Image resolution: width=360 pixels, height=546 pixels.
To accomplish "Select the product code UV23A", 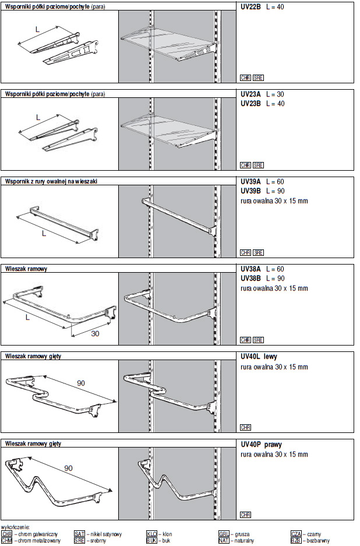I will click(x=250, y=94).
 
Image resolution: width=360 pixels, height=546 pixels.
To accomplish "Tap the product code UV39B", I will click(x=250, y=191).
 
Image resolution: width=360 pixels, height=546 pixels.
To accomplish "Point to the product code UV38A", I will click(x=250, y=269).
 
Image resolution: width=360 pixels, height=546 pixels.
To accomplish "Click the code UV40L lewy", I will click(x=258, y=356).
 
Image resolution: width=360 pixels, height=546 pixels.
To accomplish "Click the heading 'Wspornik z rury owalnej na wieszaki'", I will click(x=51, y=181).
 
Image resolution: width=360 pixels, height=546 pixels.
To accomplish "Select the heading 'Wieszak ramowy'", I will click(x=26, y=269).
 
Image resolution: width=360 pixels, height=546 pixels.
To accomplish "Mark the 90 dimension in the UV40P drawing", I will click(x=68, y=468).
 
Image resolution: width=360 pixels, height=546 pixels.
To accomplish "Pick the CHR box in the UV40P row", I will click(x=245, y=515).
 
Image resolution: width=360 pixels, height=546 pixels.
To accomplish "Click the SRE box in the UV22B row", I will click(x=259, y=78).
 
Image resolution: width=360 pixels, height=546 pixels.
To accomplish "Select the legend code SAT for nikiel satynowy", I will click(x=79, y=533).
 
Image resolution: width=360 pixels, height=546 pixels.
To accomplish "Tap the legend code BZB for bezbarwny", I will click(x=296, y=540).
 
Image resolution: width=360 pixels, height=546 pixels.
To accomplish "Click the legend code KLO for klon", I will click(x=151, y=533).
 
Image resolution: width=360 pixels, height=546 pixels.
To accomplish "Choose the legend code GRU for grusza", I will click(x=224, y=533).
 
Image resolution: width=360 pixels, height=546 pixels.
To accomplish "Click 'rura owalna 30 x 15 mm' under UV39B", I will click(x=274, y=200).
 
